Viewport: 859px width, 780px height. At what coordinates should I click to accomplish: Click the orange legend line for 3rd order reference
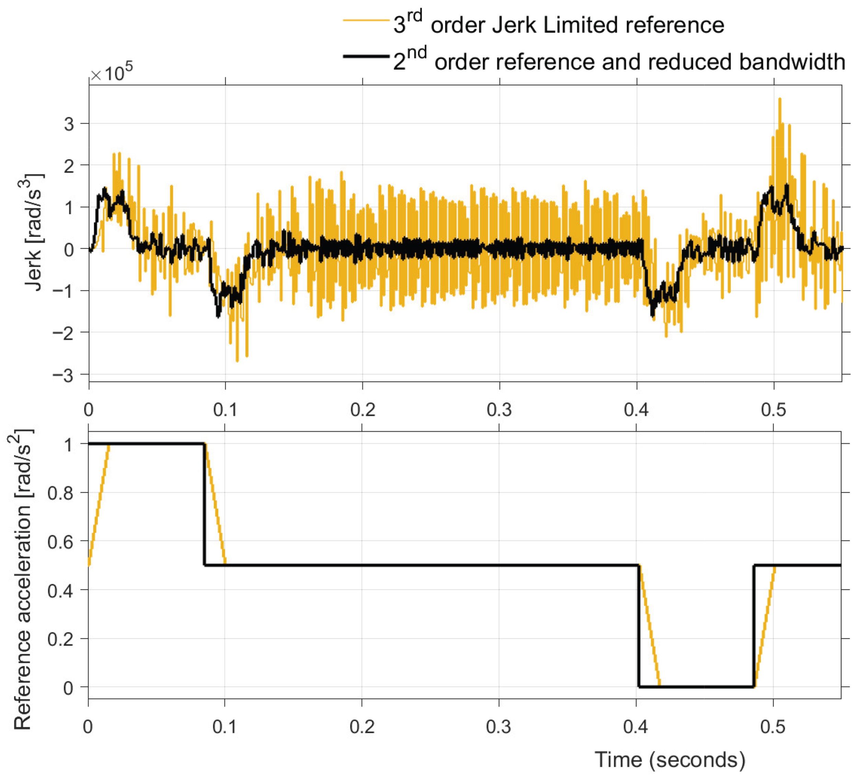pyautogui.click(x=366, y=20)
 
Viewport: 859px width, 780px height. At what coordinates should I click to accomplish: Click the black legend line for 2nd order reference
pyautogui.click(x=366, y=56)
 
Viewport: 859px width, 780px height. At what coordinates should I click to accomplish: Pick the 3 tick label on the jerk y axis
pyautogui.click(x=69, y=124)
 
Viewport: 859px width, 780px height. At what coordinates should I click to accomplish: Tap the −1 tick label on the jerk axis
pyautogui.click(x=63, y=291)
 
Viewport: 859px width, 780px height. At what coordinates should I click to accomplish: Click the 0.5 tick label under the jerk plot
pyautogui.click(x=774, y=410)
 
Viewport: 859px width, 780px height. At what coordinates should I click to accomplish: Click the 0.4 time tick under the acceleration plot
pyautogui.click(x=636, y=727)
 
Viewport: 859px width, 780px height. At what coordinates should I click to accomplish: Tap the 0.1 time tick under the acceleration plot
pyautogui.click(x=225, y=727)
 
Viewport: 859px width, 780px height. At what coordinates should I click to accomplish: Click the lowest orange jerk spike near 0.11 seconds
pyautogui.click(x=237, y=361)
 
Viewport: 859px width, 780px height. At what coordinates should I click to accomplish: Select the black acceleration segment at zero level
pyautogui.click(x=696, y=687)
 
